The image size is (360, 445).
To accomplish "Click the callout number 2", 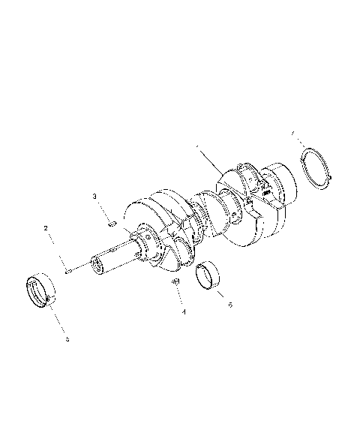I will click(46, 227).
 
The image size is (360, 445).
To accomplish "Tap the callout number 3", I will click(95, 196).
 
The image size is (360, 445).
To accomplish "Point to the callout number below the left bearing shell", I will click(67, 339).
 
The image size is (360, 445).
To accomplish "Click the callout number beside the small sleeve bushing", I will click(230, 305).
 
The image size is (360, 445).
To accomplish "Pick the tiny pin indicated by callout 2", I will click(67, 272).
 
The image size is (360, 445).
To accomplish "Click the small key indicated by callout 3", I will click(111, 221).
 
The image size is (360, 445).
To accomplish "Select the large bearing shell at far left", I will click(40, 293).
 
